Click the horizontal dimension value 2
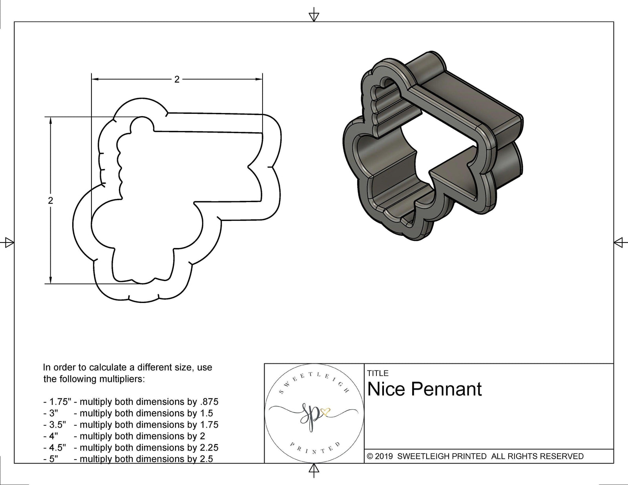[x=177, y=80]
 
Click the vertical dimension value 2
[x=50, y=201]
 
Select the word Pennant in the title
[x=446, y=389]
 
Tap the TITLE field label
[x=378, y=373]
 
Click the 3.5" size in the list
[x=57, y=425]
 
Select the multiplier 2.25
[x=208, y=447]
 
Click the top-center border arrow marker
[x=314, y=16]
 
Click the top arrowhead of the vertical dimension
[x=50, y=120]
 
